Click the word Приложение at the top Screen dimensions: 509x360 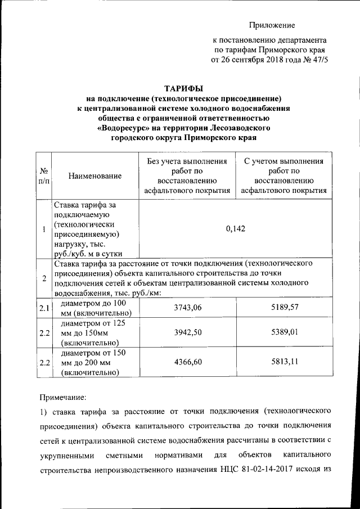click(x=273, y=25)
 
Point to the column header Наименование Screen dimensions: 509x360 click(x=95, y=176)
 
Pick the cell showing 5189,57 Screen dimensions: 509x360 click(x=283, y=308)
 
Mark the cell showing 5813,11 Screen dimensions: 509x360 click(x=283, y=362)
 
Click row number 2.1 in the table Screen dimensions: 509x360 click(x=43, y=308)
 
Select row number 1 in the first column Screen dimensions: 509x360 click(x=43, y=229)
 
